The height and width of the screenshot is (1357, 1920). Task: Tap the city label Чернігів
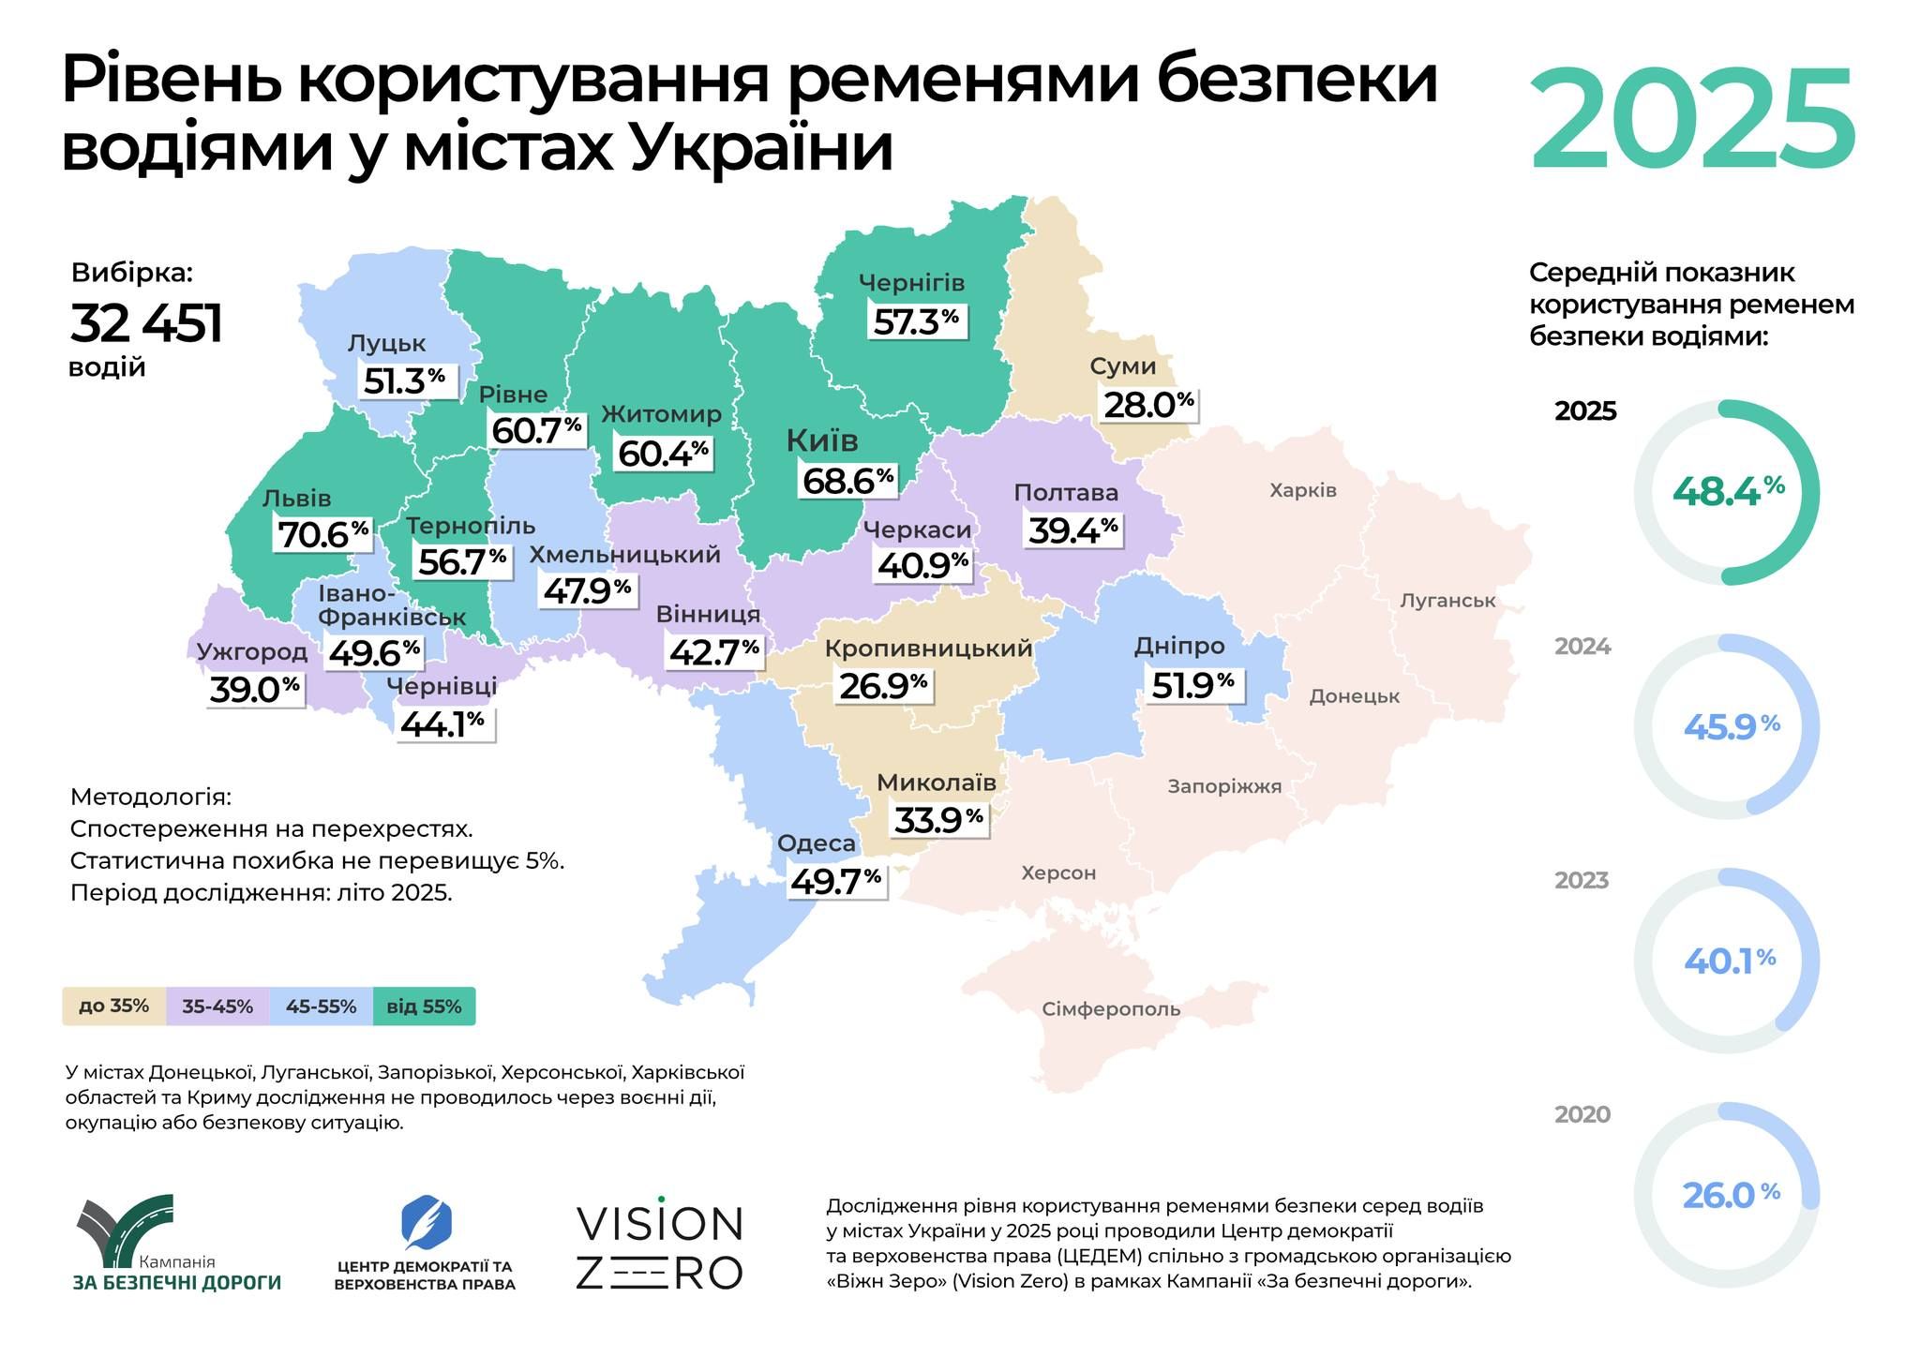click(x=911, y=282)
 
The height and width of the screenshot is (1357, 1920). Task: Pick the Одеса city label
click(x=816, y=843)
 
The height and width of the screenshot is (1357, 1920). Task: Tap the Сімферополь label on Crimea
click(x=1111, y=1009)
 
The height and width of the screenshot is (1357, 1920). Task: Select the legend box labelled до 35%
click(x=113, y=1007)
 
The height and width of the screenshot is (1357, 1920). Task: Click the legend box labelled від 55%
click(x=424, y=1007)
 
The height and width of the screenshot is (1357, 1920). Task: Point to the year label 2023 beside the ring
click(x=1582, y=881)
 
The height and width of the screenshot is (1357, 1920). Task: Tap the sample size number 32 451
click(x=146, y=324)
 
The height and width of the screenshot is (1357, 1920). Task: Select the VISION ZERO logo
click(x=659, y=1247)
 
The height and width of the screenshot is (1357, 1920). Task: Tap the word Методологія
click(x=150, y=798)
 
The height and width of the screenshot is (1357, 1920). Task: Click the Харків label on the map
click(x=1302, y=490)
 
